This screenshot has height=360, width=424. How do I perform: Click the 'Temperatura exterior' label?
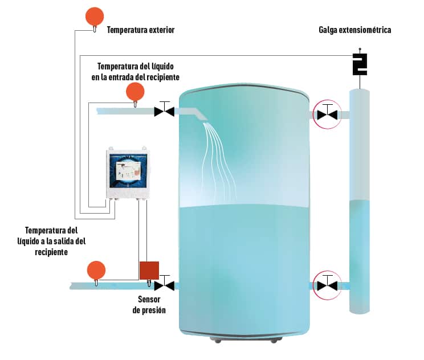(141, 30)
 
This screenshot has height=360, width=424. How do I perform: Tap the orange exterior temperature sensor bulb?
(95, 17)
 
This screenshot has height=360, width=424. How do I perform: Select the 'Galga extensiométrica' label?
(354, 30)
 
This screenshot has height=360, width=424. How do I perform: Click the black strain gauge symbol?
(360, 64)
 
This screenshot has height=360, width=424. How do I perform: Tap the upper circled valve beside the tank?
(327, 114)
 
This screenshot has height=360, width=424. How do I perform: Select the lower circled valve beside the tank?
(327, 284)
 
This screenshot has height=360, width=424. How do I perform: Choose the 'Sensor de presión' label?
(149, 305)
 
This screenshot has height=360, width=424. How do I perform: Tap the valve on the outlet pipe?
(165, 284)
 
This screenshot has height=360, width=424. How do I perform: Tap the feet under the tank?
(246, 340)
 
